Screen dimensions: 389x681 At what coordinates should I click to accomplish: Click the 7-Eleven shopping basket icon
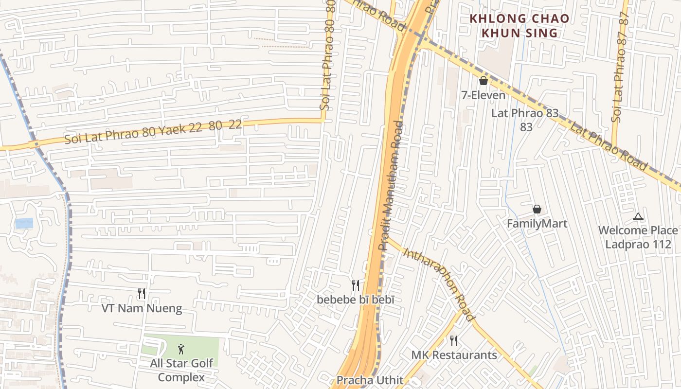(484, 81)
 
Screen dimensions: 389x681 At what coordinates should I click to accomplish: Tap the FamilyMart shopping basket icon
(537, 209)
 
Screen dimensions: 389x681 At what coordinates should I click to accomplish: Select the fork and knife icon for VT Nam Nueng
(142, 293)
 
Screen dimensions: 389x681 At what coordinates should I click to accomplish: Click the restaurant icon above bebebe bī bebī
(356, 285)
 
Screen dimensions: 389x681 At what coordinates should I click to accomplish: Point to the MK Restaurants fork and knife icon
(454, 340)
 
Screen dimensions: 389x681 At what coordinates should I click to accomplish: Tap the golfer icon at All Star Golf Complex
(181, 349)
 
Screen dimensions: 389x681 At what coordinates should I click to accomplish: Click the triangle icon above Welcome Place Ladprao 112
(638, 217)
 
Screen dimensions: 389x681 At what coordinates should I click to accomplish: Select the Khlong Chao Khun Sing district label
(519, 26)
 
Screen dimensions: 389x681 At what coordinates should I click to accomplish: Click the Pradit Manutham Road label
(392, 185)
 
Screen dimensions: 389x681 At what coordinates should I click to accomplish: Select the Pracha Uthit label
(370, 380)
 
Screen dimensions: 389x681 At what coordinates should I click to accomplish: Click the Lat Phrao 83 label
(525, 120)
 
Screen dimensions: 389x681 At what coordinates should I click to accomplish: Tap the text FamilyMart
(537, 224)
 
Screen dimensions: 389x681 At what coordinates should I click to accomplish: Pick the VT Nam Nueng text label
(142, 308)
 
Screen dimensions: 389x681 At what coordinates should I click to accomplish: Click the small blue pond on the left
(24, 223)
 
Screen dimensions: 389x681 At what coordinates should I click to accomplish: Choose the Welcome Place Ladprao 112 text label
(638, 237)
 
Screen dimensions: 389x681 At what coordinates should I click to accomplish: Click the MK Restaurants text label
(454, 355)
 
